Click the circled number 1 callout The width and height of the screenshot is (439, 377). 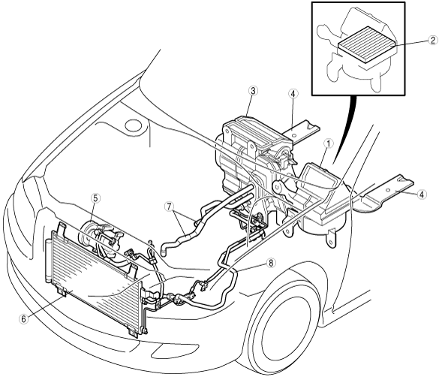coord(329,143)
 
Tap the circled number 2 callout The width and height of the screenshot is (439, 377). coord(432,41)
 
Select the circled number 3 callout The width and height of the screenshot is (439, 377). coord(253,91)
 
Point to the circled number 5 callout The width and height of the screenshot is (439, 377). coord(95,198)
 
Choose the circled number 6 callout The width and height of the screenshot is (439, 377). coord(24,319)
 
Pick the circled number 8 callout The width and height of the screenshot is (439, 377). coord(271,264)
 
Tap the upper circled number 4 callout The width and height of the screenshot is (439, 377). coord(293,94)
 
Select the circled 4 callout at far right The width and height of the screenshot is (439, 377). coord(422,194)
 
